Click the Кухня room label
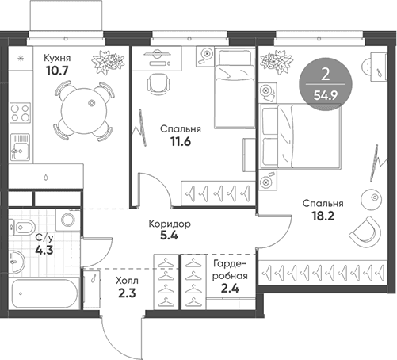pyautogui.click(x=57, y=58)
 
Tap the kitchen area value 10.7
pyautogui.click(x=57, y=71)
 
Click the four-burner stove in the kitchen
pyautogui.click(x=20, y=113)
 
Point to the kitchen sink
pyautogui.click(x=20, y=147)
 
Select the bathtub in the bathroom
pyautogui.click(x=44, y=293)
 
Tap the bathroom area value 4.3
pyautogui.click(x=44, y=250)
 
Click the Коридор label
pyautogui.click(x=170, y=224)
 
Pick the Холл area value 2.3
pyautogui.click(x=127, y=293)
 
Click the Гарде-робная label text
pyautogui.click(x=230, y=270)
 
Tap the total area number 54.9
pyautogui.click(x=326, y=95)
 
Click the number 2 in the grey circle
pyautogui.click(x=326, y=75)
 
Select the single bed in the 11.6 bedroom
pyautogui.click(x=235, y=88)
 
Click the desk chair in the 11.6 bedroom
pyautogui.click(x=158, y=84)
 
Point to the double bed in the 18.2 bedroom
pyautogui.click(x=300, y=136)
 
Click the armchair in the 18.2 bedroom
pyautogui.click(x=365, y=232)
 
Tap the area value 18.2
pyautogui.click(x=323, y=216)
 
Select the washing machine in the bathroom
pyautogui.click(x=68, y=220)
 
